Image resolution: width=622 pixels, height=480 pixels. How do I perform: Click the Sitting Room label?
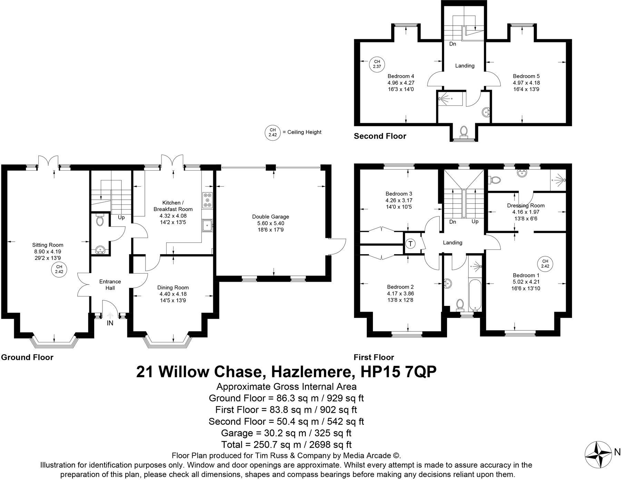(48, 245)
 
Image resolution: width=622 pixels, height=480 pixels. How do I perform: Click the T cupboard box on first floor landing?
(411, 244)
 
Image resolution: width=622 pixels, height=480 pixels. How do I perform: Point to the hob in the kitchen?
(208, 200)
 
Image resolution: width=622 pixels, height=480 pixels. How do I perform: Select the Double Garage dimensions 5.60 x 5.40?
(270, 223)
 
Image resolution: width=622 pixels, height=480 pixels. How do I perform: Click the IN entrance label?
(110, 323)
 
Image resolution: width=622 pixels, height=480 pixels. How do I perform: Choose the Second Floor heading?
(380, 136)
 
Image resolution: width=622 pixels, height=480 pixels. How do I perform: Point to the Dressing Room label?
(525, 206)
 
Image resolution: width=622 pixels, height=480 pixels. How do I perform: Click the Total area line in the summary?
(286, 444)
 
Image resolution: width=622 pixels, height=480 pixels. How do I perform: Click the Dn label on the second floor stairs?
(453, 44)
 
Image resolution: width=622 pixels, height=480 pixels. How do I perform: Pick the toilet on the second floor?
(464, 131)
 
